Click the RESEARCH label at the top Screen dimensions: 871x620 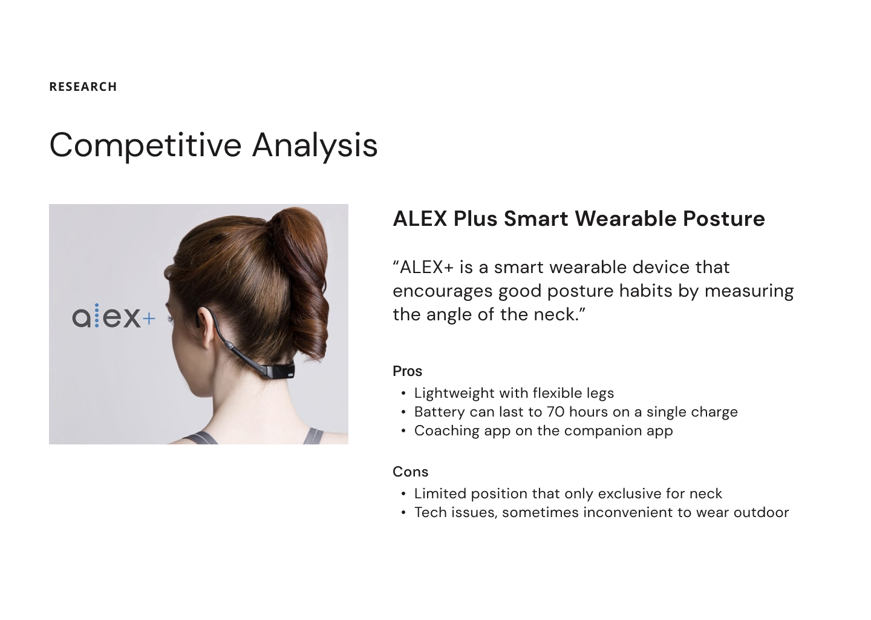pos(83,87)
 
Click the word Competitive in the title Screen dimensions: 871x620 pos(145,146)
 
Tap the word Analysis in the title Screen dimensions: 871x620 pos(315,146)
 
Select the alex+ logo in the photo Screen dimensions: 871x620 pos(114,316)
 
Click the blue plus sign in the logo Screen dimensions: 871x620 pos(149,319)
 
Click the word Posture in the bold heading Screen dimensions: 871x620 pos(724,219)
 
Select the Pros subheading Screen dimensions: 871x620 pos(407,371)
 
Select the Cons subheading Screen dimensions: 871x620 pos(410,472)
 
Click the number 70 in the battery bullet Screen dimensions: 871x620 pos(555,412)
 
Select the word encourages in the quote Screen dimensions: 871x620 pos(443,292)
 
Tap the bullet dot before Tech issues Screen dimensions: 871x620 pos(403,513)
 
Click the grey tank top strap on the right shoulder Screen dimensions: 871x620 pos(313,436)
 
